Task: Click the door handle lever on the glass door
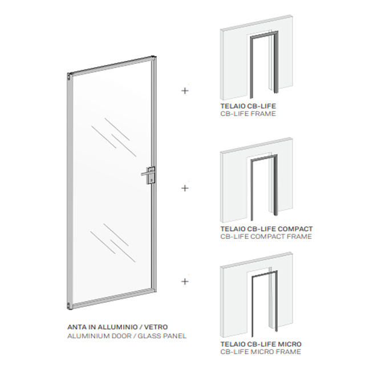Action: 146,173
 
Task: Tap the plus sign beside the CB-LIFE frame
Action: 185,91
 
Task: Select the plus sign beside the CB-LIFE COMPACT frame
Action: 185,188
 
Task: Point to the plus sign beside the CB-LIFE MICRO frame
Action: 185,281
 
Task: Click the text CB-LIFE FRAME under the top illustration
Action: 248,113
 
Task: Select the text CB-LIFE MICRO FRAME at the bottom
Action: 261,351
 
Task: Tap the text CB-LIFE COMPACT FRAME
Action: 266,237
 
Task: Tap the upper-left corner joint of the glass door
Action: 70,75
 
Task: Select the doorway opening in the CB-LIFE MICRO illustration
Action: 262,305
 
